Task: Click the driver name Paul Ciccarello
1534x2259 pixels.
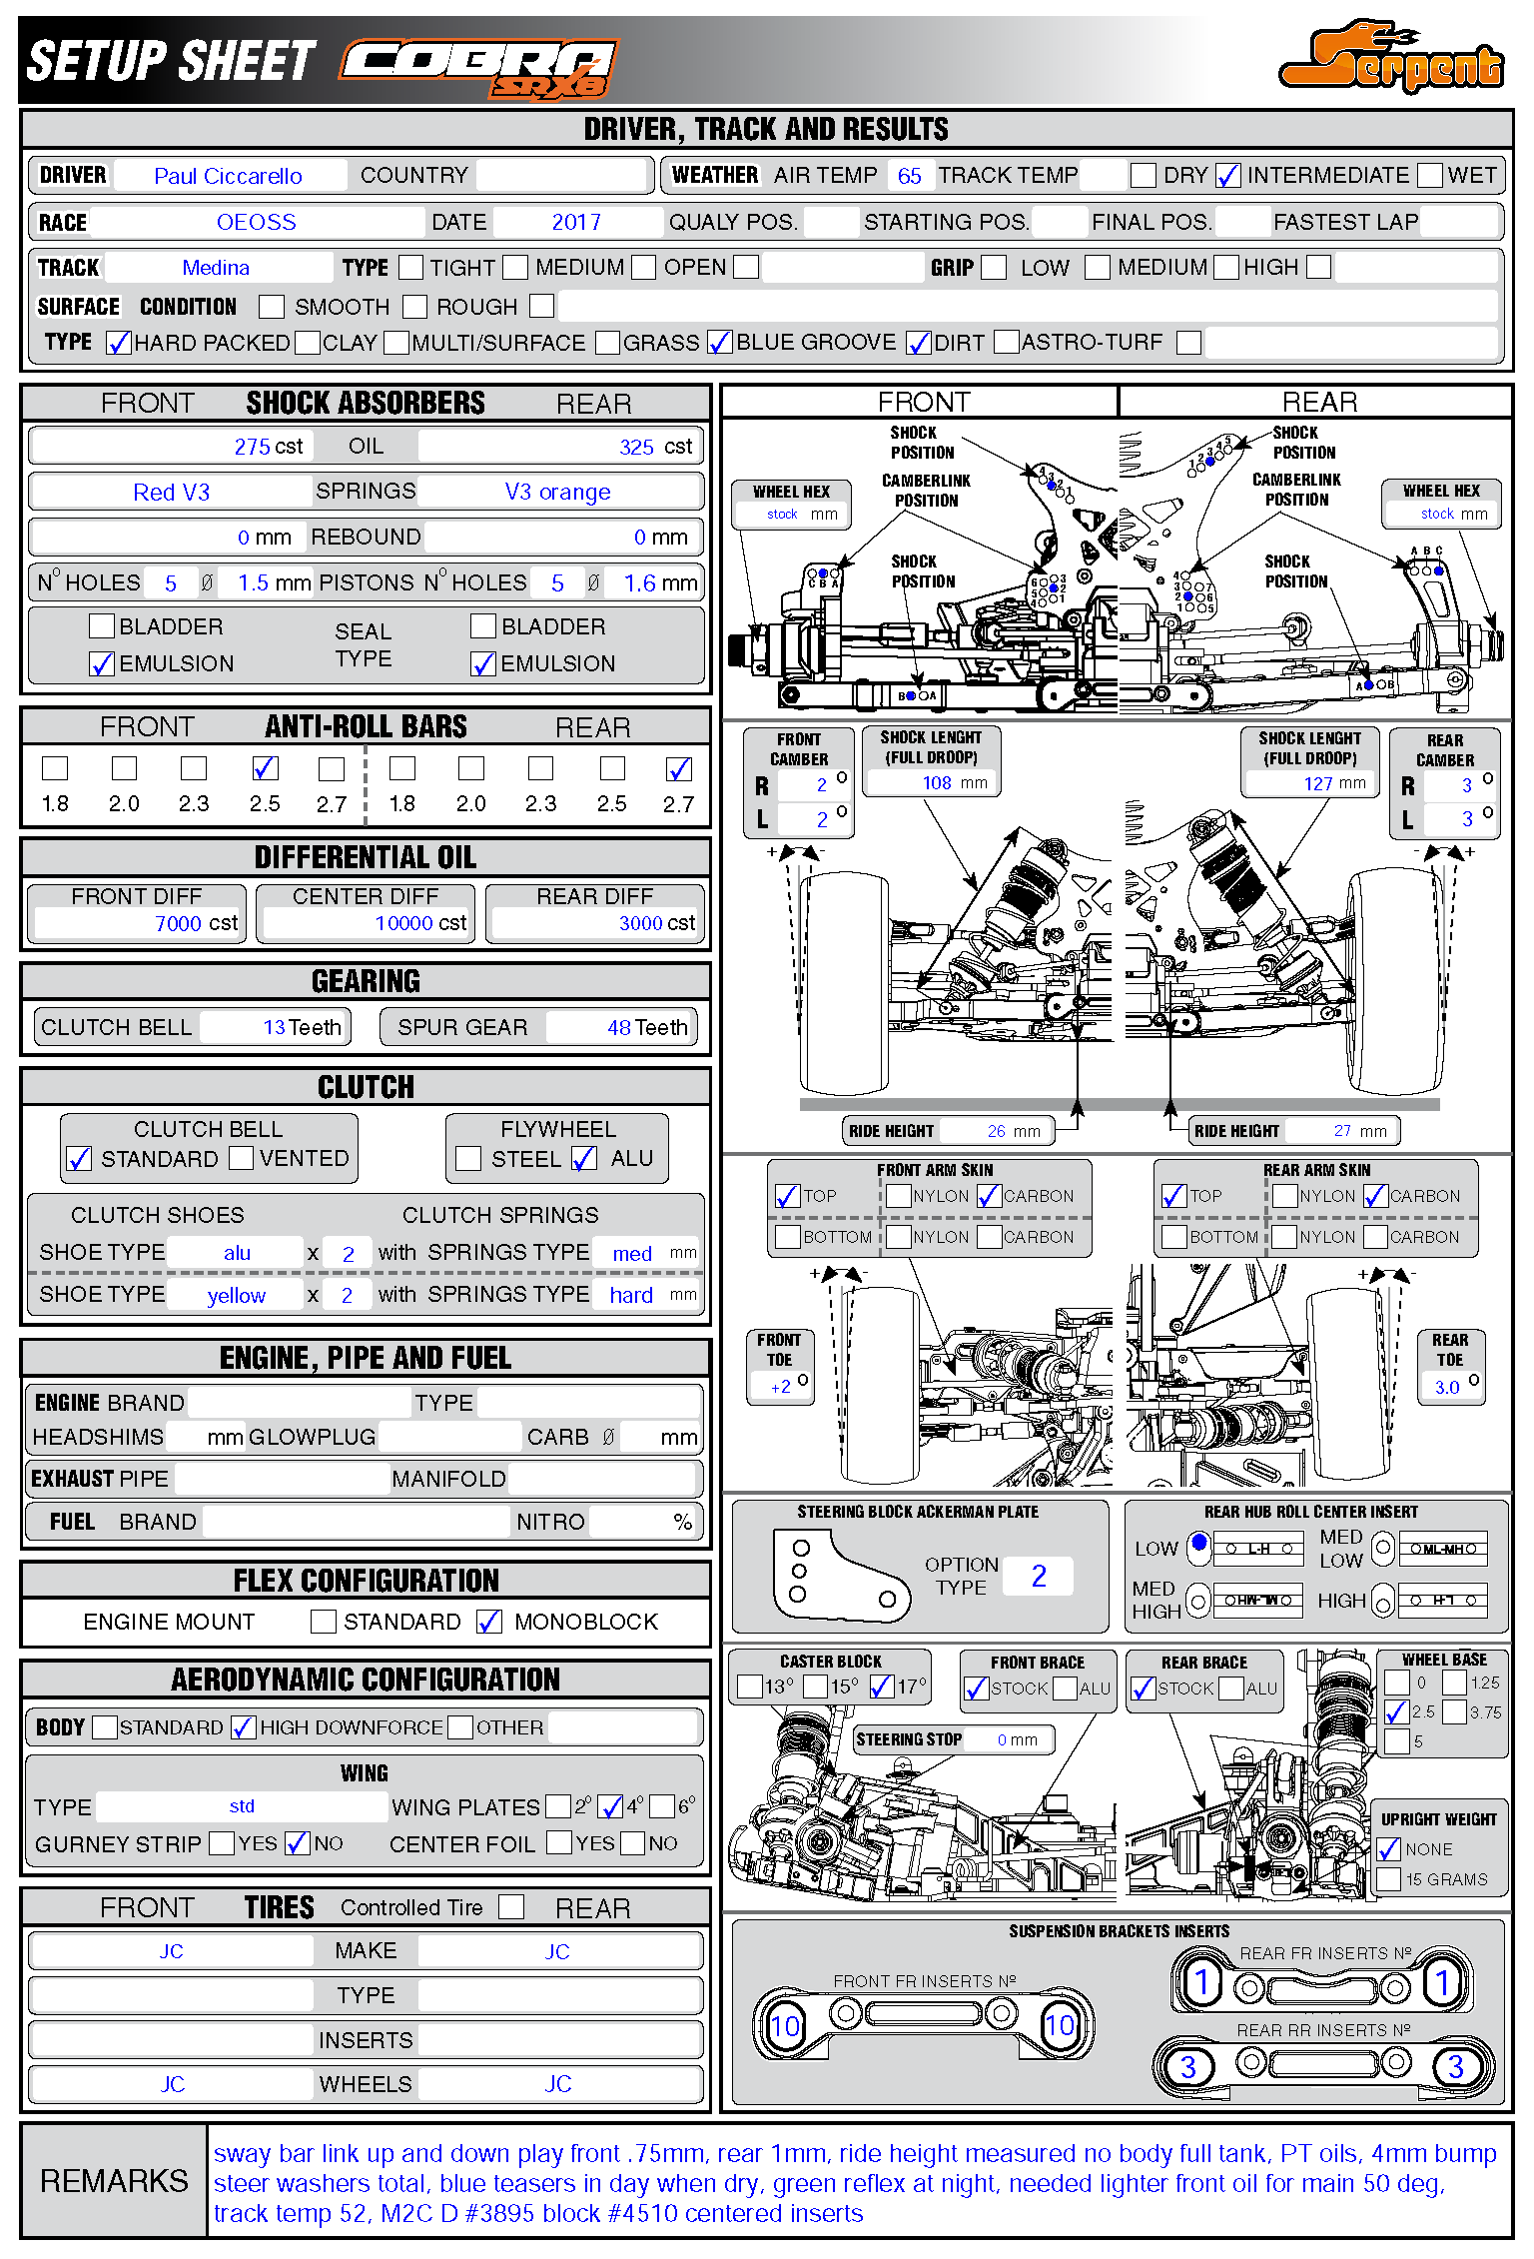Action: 228,176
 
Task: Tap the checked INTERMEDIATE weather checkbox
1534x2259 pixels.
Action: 1227,176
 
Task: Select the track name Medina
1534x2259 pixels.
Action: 216,268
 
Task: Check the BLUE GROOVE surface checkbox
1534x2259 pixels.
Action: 719,343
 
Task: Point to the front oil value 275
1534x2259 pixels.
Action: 253,447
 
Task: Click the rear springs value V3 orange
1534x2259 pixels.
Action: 557,492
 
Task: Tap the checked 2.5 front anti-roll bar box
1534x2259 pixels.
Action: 265,768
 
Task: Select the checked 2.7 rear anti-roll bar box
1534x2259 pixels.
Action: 679,768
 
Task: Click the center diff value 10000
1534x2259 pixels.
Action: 403,923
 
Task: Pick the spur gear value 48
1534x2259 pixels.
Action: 619,1027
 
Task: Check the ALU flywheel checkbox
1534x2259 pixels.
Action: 584,1158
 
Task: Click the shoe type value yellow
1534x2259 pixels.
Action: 236,1296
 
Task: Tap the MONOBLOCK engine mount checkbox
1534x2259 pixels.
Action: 489,1622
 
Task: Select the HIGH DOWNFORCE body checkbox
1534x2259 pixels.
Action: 242,1727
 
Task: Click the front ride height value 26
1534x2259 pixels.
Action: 996,1131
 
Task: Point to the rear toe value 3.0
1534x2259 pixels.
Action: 1446,1387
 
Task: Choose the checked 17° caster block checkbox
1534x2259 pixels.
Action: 881,1687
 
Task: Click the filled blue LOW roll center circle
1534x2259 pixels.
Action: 1198,1543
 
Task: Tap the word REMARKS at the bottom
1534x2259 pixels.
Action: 114,2181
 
